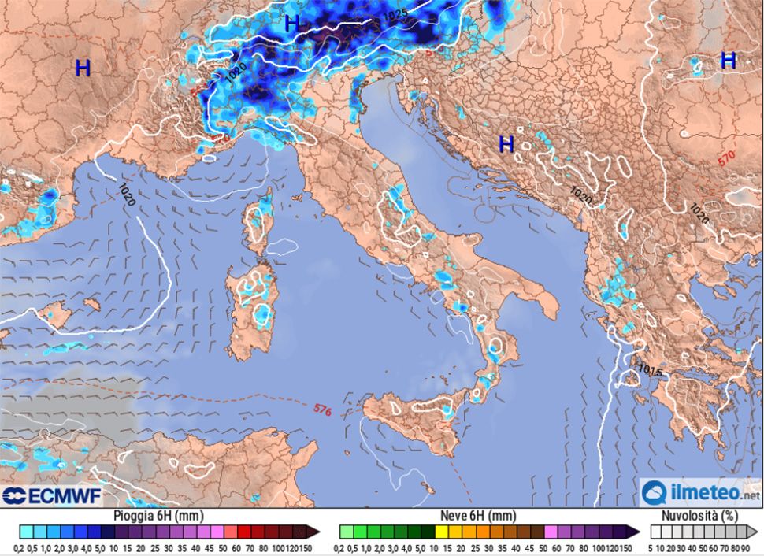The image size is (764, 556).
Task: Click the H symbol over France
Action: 83,68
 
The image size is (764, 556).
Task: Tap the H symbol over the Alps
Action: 292,24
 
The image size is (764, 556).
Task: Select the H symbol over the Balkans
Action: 506,143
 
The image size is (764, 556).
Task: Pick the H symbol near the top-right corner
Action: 729,60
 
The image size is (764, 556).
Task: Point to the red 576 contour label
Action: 321,410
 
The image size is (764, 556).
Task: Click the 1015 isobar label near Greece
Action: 650,369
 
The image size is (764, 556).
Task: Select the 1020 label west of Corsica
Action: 127,195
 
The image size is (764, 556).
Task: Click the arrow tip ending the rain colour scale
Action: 314,532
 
